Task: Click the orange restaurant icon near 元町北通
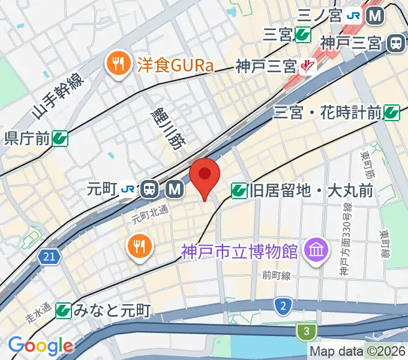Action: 139,246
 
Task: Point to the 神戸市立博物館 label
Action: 240,250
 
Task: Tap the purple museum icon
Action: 314,249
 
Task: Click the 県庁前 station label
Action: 27,139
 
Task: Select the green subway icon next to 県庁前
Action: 59,139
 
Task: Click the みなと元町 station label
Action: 112,310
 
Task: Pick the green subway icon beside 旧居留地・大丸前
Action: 238,191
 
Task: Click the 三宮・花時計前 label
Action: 328,112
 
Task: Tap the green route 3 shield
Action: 306,331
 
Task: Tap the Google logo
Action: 40,346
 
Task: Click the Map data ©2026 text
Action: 358,352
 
